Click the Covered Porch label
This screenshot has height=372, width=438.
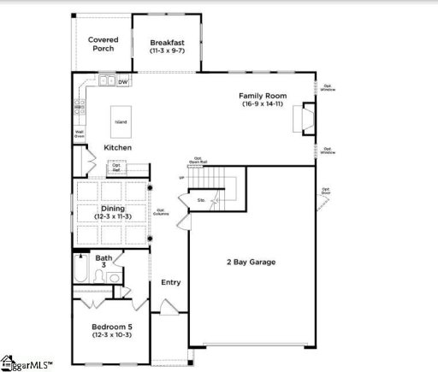point(104,44)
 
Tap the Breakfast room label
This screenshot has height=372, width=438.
point(167,45)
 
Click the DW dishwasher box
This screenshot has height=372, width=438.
point(123,82)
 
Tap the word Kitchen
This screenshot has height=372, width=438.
point(118,148)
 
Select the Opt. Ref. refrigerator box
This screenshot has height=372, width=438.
point(116,168)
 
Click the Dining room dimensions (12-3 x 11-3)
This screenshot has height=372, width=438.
point(113,217)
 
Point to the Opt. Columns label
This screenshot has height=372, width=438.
point(161,210)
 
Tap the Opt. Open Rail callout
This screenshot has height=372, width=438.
point(198,160)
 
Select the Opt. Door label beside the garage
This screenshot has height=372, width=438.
point(326,192)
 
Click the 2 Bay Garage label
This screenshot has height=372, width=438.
point(250,262)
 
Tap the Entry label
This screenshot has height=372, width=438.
point(171,282)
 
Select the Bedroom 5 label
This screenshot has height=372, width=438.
point(113,330)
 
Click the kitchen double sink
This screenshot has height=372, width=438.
point(107,81)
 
